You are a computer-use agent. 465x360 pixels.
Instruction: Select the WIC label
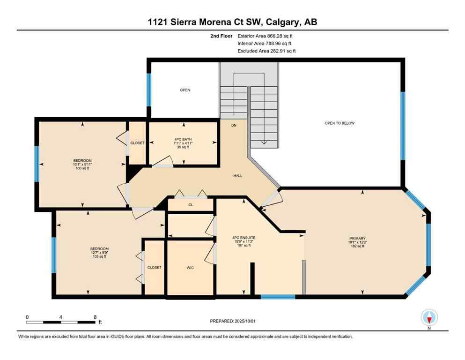tap(190, 268)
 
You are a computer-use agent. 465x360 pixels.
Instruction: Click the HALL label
tap(237, 176)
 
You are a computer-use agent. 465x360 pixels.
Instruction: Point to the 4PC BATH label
tap(184, 139)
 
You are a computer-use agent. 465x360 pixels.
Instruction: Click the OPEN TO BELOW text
tap(340, 123)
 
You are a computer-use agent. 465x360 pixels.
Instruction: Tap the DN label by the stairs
tap(234, 126)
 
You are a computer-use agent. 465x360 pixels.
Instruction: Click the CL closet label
tap(191, 205)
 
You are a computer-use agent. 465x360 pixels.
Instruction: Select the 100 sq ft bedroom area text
tap(82, 168)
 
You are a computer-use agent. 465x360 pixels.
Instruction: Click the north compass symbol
tap(429, 318)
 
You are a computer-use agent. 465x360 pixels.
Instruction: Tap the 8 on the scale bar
tap(95, 317)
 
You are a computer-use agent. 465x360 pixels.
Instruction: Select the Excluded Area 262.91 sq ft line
tap(266, 51)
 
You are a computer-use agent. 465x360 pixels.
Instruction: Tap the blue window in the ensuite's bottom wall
tap(278, 296)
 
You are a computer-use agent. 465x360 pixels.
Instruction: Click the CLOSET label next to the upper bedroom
tap(137, 143)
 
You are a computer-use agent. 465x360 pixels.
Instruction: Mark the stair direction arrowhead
tap(264, 142)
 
